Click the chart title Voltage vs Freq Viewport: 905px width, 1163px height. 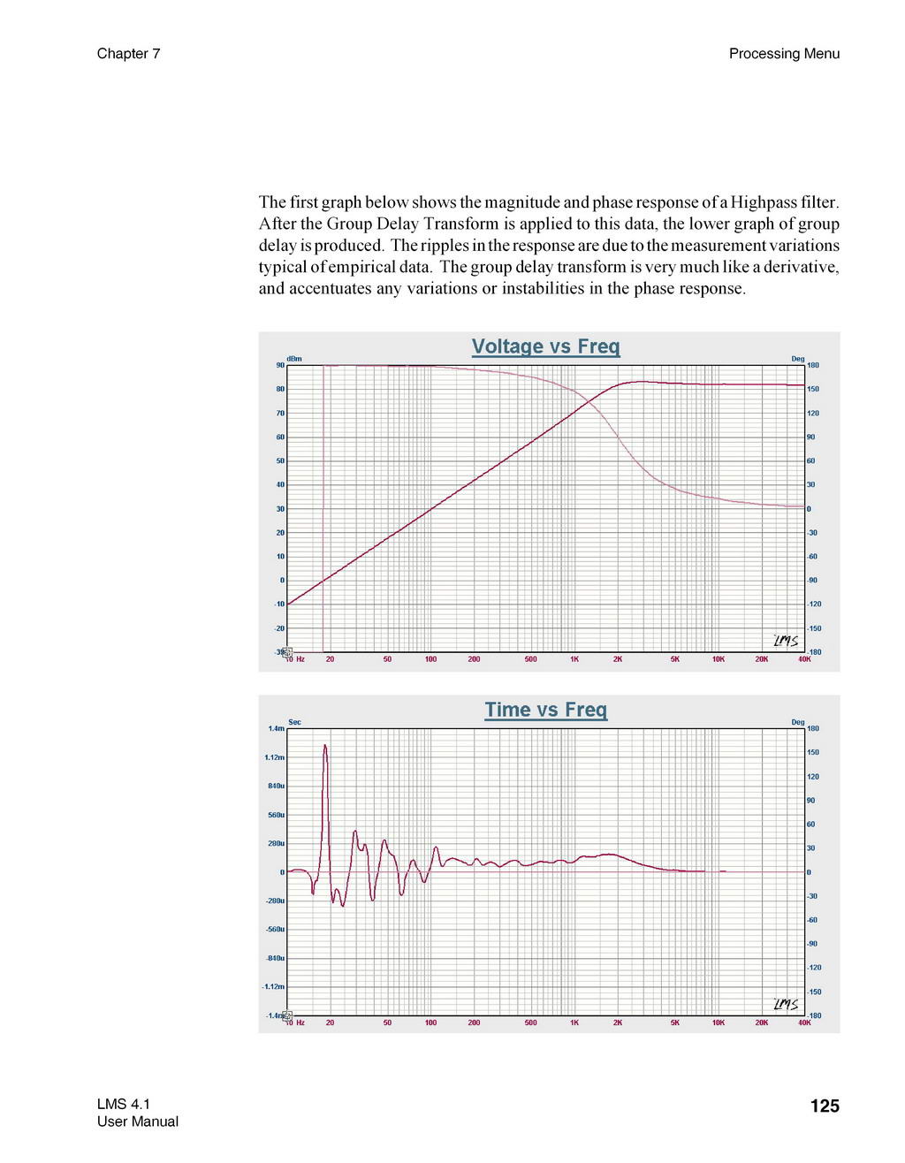545,346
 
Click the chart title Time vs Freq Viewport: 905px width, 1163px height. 545,710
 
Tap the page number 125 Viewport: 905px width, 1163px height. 824,1106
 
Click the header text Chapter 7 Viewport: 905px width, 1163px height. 128,54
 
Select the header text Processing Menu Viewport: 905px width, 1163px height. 784,54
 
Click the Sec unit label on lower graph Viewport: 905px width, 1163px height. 294,722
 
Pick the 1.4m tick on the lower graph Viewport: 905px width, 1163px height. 276,729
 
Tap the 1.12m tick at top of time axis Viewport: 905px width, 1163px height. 274,757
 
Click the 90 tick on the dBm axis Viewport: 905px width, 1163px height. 280,365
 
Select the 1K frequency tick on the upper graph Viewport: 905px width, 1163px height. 574,659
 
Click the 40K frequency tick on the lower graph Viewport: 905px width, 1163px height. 803,1022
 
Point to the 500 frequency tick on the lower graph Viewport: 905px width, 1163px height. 530,1022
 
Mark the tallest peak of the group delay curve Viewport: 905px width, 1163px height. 325,746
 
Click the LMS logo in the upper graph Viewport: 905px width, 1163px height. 786,641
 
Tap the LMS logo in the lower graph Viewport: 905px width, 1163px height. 786,1004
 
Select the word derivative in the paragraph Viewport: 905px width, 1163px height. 801,267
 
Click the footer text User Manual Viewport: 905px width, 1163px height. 137,1122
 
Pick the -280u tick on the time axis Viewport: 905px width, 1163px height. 274,901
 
